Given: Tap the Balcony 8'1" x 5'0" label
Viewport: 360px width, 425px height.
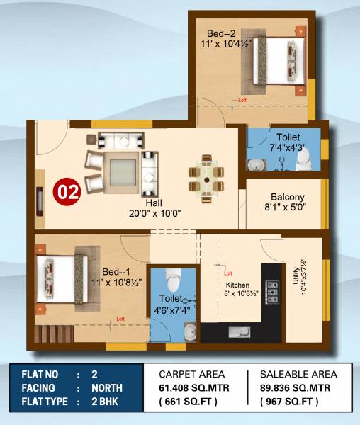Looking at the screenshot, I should [x=287, y=203].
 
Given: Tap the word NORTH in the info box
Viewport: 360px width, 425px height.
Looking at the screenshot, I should [x=107, y=388].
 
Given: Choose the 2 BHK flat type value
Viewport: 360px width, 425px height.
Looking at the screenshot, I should [x=106, y=402].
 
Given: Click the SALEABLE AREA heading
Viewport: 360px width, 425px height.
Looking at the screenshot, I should [x=299, y=374].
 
